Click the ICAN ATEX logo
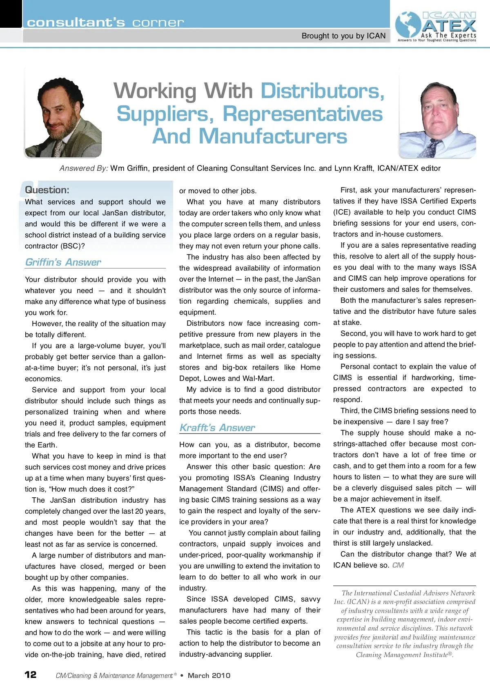(x=437, y=26)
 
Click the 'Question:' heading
(x=47, y=190)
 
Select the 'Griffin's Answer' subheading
(x=63, y=262)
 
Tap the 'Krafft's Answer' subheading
(x=217, y=428)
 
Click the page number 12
(x=31, y=675)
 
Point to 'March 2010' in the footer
(x=209, y=675)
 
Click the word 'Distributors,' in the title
(x=323, y=91)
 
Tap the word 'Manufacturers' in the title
(x=273, y=136)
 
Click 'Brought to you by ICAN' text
(x=343, y=36)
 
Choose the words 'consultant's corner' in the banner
(x=105, y=22)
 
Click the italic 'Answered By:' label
(x=84, y=168)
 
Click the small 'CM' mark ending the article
(x=398, y=565)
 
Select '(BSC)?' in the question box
(x=73, y=246)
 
